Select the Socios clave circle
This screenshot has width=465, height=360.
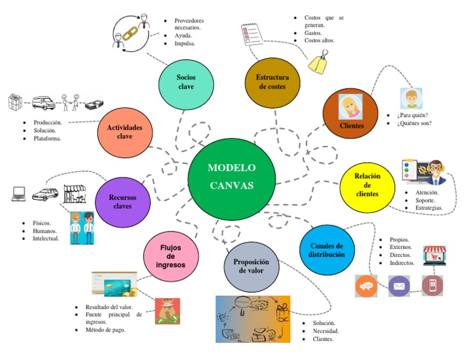pyautogui.click(x=186, y=82)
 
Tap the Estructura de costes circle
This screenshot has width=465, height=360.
pyautogui.click(x=272, y=82)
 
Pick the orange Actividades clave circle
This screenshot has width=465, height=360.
pyautogui.click(x=124, y=132)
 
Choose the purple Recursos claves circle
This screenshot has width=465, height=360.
pyautogui.click(x=122, y=201)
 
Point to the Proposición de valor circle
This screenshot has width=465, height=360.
pyautogui.click(x=251, y=266)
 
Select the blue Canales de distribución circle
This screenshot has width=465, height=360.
pyautogui.click(x=326, y=250)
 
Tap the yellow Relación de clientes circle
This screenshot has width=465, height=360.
pyautogui.click(x=368, y=185)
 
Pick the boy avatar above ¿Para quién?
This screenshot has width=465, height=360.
pyautogui.click(x=411, y=98)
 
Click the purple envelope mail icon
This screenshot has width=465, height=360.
pyautogui.click(x=398, y=285)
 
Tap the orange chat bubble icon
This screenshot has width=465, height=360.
pyautogui.click(x=366, y=285)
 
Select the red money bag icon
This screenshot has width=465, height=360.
pyautogui.click(x=167, y=311)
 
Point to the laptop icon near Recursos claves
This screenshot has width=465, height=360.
pyautogui.click(x=19, y=194)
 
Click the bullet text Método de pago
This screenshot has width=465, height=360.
pyautogui.click(x=105, y=330)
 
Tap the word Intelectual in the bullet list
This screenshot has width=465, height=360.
pyautogui.click(x=46, y=239)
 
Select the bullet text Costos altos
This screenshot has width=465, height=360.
pyautogui.click(x=319, y=41)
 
